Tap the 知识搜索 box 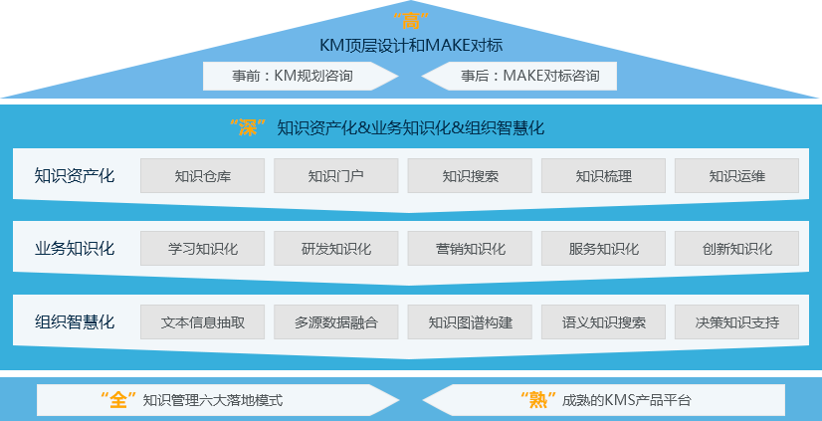click(470, 176)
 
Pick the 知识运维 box click(736, 176)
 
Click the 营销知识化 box click(470, 249)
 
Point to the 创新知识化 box click(736, 249)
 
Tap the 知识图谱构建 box click(470, 322)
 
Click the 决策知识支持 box click(736, 322)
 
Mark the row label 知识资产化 click(75, 176)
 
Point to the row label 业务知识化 click(75, 249)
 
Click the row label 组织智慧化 click(75, 322)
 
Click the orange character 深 click(248, 127)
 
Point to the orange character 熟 click(536, 400)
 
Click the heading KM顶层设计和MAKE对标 click(410, 45)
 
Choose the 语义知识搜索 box click(603, 322)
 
